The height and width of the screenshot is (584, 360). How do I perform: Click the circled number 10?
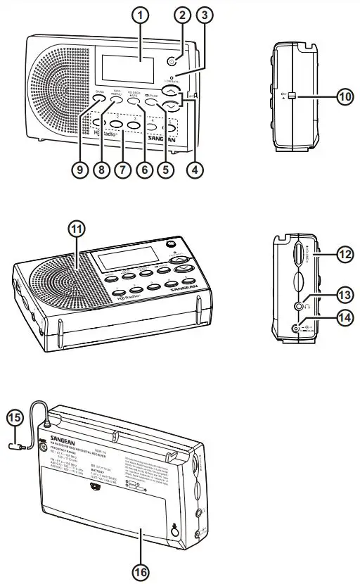pos(343,97)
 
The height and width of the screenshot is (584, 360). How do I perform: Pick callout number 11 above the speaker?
pos(75,229)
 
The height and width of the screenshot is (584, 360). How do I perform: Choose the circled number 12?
pos(344,255)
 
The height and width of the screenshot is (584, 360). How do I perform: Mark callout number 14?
pos(344,317)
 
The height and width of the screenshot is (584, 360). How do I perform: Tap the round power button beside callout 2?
pos(170,61)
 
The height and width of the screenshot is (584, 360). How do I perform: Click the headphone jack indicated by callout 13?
pos(300,306)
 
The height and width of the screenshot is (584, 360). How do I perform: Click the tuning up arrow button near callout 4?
pos(168,91)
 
